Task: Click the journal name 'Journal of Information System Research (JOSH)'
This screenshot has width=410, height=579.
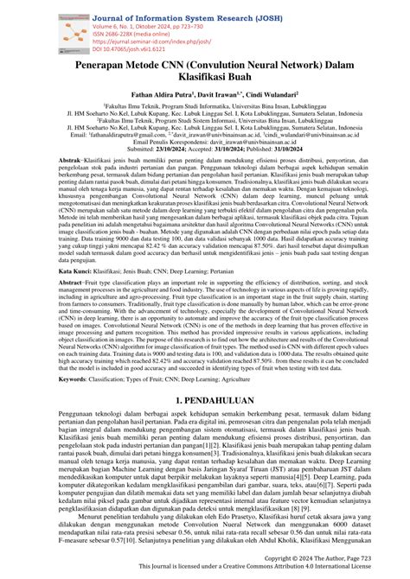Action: pos(164,8)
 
